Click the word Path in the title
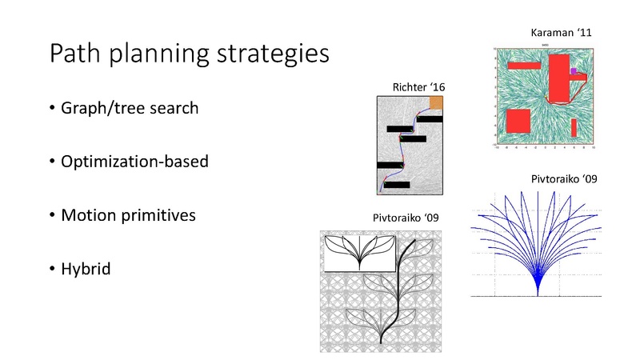(x=74, y=55)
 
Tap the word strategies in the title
(x=273, y=57)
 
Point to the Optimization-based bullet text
(x=134, y=162)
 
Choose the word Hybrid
(x=85, y=270)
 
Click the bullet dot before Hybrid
(x=52, y=270)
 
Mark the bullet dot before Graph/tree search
(x=52, y=107)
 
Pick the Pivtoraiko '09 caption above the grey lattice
(x=406, y=217)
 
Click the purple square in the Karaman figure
(x=574, y=71)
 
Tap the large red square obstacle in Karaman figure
(x=518, y=122)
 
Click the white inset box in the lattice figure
(x=358, y=253)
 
